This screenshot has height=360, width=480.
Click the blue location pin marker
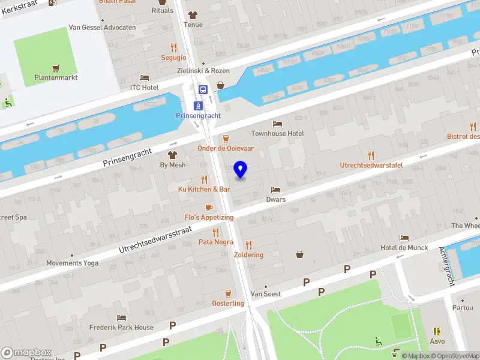[x=241, y=170]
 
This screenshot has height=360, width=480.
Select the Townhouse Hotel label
[x=277, y=133]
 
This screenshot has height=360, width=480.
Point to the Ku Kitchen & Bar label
[x=204, y=189]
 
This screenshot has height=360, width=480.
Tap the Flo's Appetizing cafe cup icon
[x=209, y=208]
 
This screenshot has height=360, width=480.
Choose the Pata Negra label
[x=215, y=242]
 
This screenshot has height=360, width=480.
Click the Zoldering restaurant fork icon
[x=249, y=244]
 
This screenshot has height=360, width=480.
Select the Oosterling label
[x=228, y=303]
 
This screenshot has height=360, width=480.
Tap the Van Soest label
[x=265, y=294]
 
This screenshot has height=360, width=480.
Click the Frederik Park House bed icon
[x=122, y=317]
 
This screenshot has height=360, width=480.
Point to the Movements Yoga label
[x=72, y=263]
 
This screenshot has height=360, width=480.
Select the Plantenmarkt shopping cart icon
[x=56, y=68]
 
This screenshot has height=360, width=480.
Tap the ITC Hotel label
[x=144, y=87]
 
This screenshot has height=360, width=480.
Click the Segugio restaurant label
[x=173, y=58]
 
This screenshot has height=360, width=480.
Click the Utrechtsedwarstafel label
[x=371, y=165]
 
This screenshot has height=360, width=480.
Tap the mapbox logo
[x=26, y=352]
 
